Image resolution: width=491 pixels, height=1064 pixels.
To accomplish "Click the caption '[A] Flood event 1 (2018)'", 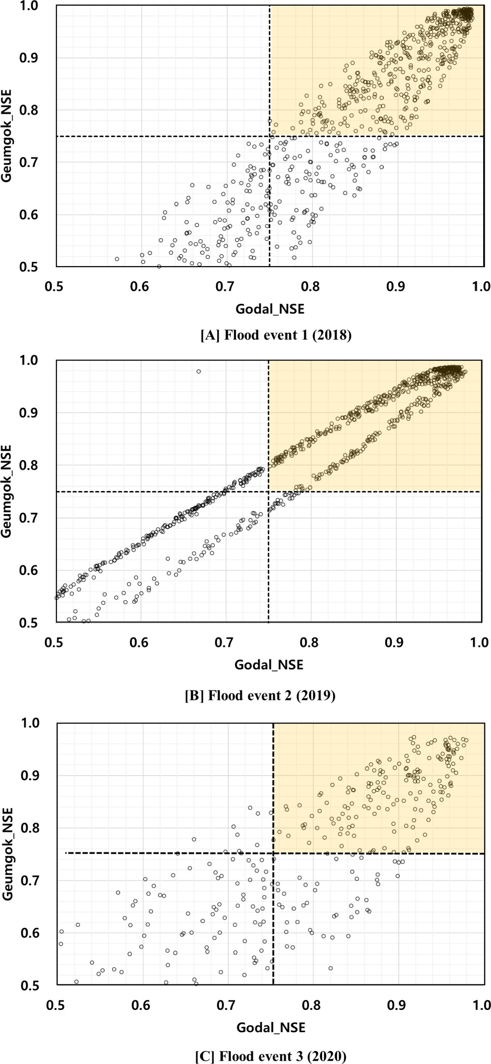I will tap(276, 335).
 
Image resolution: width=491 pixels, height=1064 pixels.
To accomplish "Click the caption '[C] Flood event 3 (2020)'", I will tap(271, 1056).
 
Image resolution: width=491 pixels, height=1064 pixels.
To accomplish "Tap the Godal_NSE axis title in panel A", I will tap(270, 309).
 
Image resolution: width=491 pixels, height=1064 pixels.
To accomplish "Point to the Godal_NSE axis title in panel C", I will tap(271, 1027).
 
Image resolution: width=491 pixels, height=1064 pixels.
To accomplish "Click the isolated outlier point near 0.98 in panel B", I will tap(198, 371).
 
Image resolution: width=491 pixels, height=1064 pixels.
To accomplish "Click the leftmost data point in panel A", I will tap(117, 259).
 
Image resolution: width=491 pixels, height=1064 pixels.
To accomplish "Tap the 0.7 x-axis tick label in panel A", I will tap(224, 287).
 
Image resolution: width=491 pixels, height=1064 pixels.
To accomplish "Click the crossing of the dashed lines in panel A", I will tap(269, 136).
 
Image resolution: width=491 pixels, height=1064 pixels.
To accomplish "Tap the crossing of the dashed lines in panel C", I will tap(274, 853).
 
